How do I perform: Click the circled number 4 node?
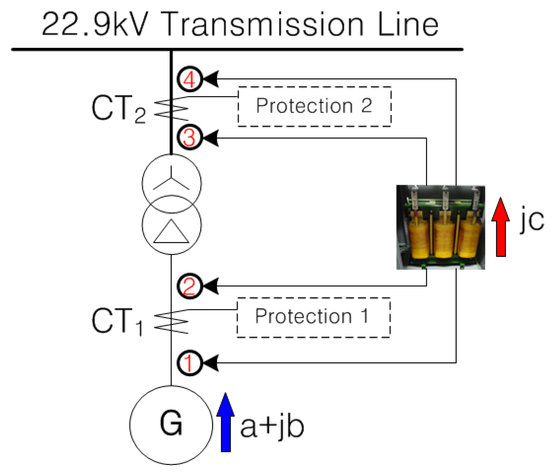pos(189,79)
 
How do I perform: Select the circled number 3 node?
pos(189,137)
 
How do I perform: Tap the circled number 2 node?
pos(189,286)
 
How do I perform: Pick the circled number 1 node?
pos(189,363)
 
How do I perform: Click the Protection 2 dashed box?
pos(314,106)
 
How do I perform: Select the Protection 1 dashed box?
pos(313,317)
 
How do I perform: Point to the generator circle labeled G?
pos(171,424)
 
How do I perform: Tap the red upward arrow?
pos(501,227)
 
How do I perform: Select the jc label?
pos(532,219)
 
